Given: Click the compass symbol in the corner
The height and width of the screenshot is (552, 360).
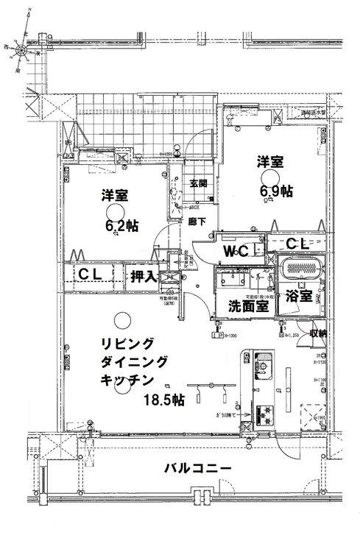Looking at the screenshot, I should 24,52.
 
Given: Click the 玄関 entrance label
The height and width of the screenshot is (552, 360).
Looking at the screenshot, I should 197,184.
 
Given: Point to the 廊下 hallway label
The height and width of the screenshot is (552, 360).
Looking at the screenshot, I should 197,221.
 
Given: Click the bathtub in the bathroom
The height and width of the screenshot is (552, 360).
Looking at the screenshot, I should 301,269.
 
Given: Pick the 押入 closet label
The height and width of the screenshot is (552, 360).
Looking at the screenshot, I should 142,276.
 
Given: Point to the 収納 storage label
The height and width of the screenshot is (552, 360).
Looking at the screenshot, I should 317,333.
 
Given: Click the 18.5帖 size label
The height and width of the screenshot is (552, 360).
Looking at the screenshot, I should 166,399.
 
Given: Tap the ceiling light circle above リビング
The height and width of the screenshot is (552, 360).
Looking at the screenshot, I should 122,319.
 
